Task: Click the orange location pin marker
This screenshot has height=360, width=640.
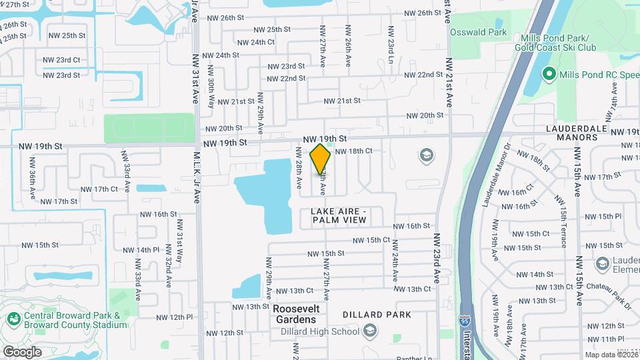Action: coord(321,159)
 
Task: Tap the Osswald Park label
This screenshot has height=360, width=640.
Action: coord(478,32)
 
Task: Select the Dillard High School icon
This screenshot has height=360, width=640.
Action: coord(369,331)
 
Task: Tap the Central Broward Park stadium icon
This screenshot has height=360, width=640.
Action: coord(13,320)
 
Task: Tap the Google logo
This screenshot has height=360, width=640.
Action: coord(22,351)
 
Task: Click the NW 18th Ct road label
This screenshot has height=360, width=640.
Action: coord(353,151)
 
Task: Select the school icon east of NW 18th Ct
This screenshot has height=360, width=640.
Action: coord(425,156)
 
